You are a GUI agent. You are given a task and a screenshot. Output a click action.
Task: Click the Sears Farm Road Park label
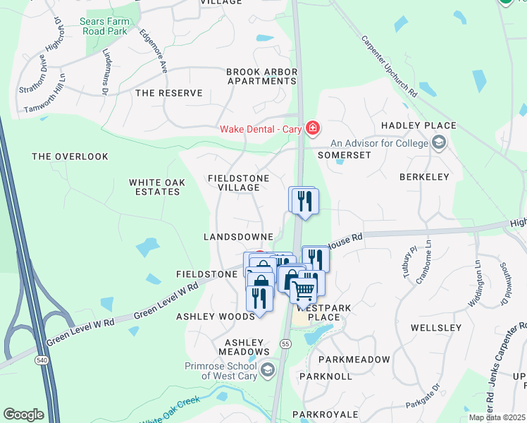(x=104, y=27)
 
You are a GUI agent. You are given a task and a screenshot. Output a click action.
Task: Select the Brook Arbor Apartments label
(x=261, y=76)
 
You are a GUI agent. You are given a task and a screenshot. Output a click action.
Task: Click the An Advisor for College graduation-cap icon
(x=440, y=144)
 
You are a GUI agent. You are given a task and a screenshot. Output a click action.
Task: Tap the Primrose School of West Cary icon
(x=267, y=369)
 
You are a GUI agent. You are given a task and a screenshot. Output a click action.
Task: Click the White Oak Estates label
(x=157, y=187)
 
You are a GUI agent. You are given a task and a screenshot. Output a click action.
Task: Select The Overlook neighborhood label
(x=70, y=157)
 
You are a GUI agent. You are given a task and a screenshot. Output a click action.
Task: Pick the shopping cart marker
(x=303, y=290)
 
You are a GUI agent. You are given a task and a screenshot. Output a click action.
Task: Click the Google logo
(x=23, y=415)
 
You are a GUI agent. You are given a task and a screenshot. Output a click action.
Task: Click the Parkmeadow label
(x=354, y=360)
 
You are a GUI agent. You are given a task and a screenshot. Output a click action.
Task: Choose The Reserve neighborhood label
(x=169, y=93)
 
